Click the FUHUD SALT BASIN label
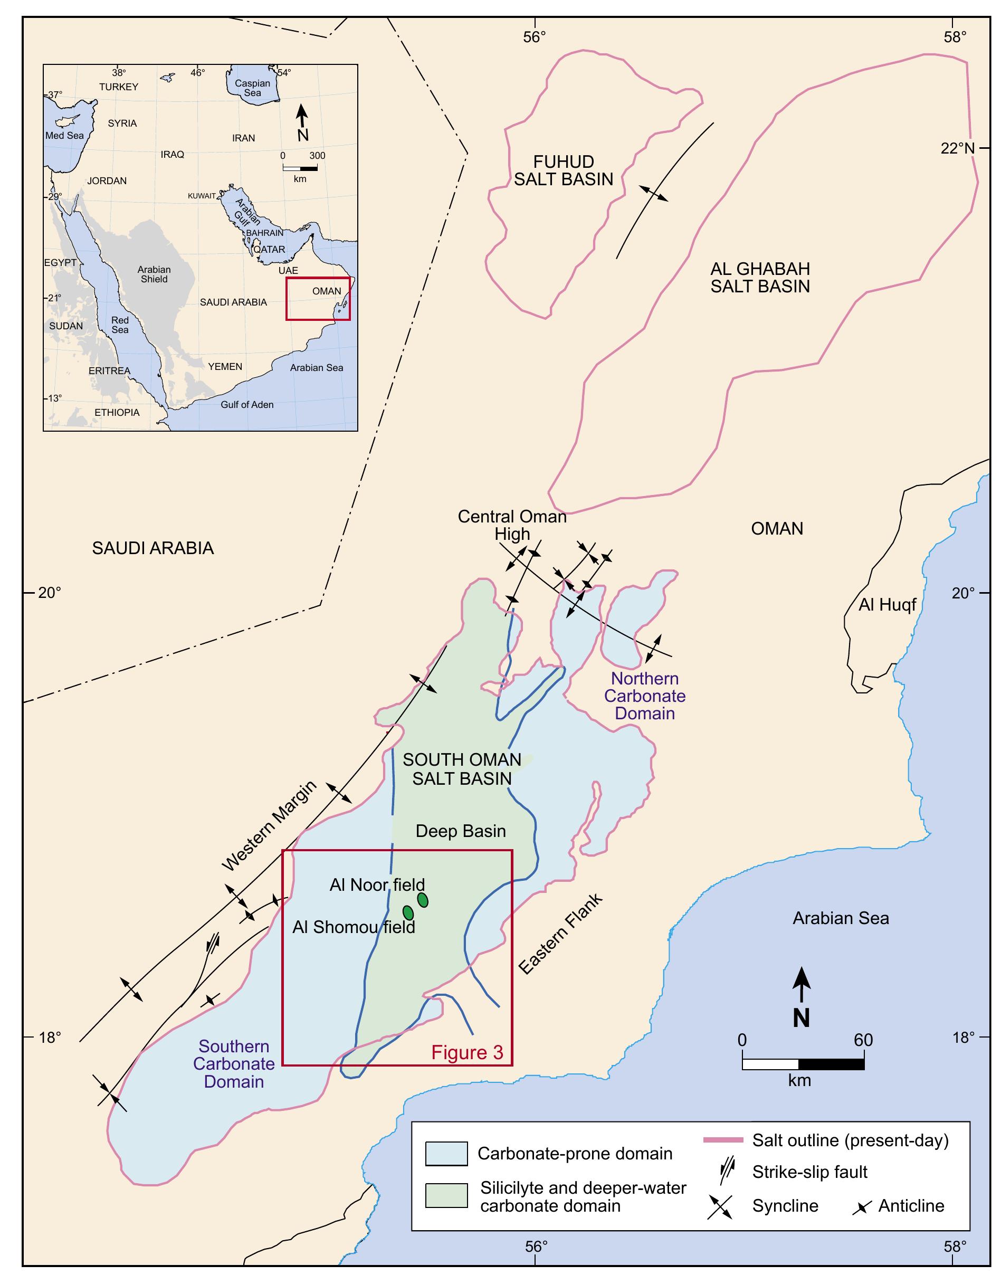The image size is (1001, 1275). pyautogui.click(x=563, y=170)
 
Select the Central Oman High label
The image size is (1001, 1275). pyautogui.click(x=512, y=525)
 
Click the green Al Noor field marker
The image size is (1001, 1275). pyautogui.click(x=423, y=900)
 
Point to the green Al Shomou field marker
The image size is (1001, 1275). pyautogui.click(x=408, y=913)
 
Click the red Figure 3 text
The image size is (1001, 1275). pyautogui.click(x=467, y=1052)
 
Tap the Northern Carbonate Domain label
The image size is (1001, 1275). pyautogui.click(x=645, y=696)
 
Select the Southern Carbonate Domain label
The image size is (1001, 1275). pyautogui.click(x=234, y=1063)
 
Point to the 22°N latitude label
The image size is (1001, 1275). pyautogui.click(x=958, y=148)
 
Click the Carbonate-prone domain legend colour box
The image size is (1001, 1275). pyautogui.click(x=446, y=1154)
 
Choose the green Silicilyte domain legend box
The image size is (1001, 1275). pyautogui.click(x=446, y=1196)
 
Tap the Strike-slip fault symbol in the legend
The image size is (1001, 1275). pyautogui.click(x=727, y=1172)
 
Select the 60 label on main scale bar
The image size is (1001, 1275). pyautogui.click(x=863, y=1040)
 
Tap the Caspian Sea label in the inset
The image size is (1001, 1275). pyautogui.click(x=253, y=88)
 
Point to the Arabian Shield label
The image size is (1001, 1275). pyautogui.click(x=154, y=274)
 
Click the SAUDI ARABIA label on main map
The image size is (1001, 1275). pyautogui.click(x=153, y=548)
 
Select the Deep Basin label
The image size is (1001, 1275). pyautogui.click(x=460, y=831)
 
